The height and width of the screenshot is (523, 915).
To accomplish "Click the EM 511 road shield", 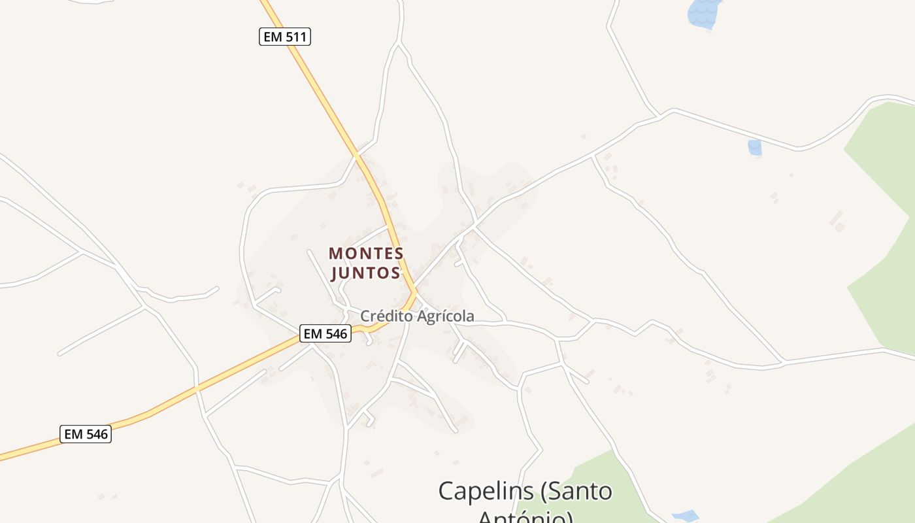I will [284, 37].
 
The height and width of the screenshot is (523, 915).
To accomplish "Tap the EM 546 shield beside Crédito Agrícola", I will [325, 333].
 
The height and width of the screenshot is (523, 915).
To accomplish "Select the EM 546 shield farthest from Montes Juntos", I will [86, 433].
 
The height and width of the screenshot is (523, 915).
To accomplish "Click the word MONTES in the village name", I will [366, 253].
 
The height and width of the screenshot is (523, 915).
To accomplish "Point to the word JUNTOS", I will [366, 273].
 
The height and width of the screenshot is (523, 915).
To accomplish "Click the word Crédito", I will [386, 316].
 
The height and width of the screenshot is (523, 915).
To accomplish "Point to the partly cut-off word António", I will [525, 517].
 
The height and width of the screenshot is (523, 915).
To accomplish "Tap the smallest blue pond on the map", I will [755, 148].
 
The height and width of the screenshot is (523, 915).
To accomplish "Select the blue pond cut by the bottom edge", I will [685, 516].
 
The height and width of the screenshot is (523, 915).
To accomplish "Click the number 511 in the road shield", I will [296, 37].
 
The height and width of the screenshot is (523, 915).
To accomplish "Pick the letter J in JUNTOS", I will [335, 273].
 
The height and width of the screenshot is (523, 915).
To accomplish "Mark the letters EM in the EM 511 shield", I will [273, 37].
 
